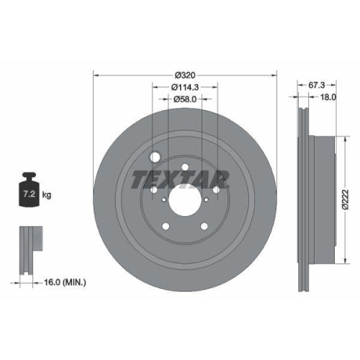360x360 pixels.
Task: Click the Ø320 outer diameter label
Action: coord(185,74)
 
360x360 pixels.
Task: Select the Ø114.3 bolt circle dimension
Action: coord(185,87)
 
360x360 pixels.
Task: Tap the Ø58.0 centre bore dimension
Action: coord(185,100)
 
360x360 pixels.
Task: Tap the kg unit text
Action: coord(45,195)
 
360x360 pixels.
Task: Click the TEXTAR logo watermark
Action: coord(180,178)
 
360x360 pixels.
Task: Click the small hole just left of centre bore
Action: coord(164,202)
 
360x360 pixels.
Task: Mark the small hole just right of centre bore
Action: coord(206,202)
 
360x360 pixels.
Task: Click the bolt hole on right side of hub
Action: coord(217,189)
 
